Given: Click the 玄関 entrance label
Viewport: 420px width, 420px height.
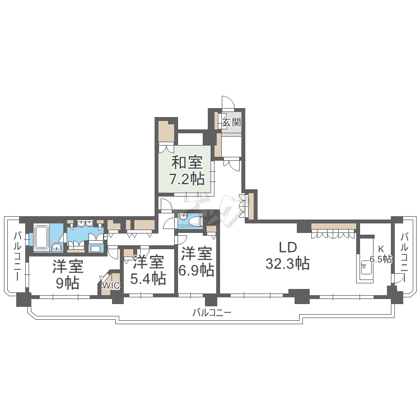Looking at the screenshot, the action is click(x=231, y=123).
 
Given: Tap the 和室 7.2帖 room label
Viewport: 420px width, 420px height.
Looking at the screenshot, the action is click(x=186, y=171).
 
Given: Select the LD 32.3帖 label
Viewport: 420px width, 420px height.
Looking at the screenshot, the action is click(x=288, y=255).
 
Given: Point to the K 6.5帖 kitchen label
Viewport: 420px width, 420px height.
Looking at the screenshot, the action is click(x=381, y=254).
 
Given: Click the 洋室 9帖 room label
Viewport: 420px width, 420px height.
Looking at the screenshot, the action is click(x=68, y=274).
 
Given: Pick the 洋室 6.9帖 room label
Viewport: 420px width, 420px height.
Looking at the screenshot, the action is click(x=197, y=262).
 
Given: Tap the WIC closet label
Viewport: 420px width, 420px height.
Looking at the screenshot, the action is click(x=111, y=286).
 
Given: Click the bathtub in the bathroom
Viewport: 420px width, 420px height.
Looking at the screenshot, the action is click(x=41, y=237).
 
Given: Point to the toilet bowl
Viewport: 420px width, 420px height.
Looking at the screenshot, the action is click(x=195, y=222).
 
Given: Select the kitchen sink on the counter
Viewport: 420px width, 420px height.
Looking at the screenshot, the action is click(x=365, y=267).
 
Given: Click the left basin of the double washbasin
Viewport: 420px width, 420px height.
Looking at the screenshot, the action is click(x=81, y=223).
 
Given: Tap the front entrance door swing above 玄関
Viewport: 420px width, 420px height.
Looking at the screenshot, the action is click(x=228, y=102).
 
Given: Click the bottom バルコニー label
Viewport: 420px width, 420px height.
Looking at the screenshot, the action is click(x=212, y=312).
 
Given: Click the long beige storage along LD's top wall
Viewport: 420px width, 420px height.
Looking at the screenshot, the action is click(x=334, y=226).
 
